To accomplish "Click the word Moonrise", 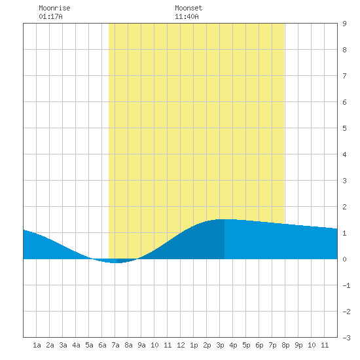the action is click(54, 8).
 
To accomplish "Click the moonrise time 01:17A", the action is click(50, 16).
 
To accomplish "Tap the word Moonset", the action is click(189, 8).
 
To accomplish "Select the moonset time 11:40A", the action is click(187, 16).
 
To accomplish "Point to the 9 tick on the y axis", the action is click(344, 24).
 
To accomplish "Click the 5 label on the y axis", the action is click(344, 128).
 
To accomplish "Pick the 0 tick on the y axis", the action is click(344, 259).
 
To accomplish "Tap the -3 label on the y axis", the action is click(346, 338).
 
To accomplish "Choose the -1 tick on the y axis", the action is click(346, 285).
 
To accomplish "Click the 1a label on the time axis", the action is click(37, 345).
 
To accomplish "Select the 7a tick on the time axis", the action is click(115, 345).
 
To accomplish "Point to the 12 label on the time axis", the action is click(181, 345).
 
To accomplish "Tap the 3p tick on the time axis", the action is click(220, 345).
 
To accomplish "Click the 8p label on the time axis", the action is click(285, 345).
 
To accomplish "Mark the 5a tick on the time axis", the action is click(89, 345).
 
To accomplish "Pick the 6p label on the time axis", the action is click(259, 345).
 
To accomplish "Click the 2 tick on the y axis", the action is click(344, 207).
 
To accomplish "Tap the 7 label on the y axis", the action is click(344, 76).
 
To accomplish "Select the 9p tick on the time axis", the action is click(298, 345).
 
